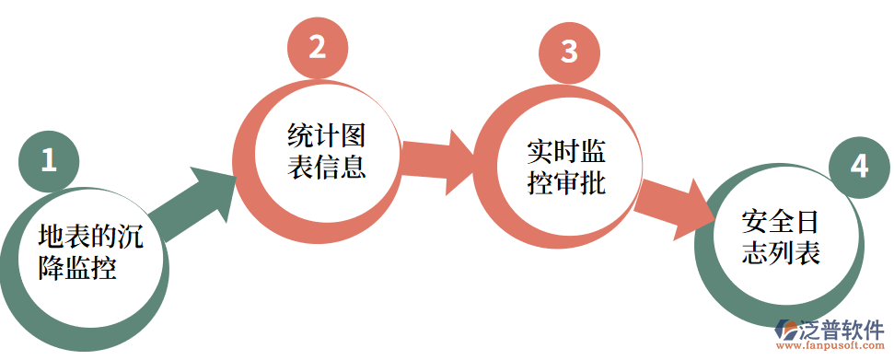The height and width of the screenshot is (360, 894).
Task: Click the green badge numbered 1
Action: pyautogui.click(x=49, y=160)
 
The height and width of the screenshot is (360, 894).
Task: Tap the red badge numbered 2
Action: pyautogui.click(x=317, y=47)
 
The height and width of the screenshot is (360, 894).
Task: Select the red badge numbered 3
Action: pyautogui.click(x=569, y=52)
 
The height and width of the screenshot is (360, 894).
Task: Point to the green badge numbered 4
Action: pyautogui.click(x=858, y=167)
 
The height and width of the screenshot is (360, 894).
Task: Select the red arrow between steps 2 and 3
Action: pyautogui.click(x=437, y=157)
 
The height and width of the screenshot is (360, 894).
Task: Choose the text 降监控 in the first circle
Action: pyautogui.click(x=77, y=269)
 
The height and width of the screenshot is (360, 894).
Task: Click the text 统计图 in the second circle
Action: pyautogui.click(x=327, y=136)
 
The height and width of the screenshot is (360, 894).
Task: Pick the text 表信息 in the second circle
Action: pyautogui.click(x=327, y=168)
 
